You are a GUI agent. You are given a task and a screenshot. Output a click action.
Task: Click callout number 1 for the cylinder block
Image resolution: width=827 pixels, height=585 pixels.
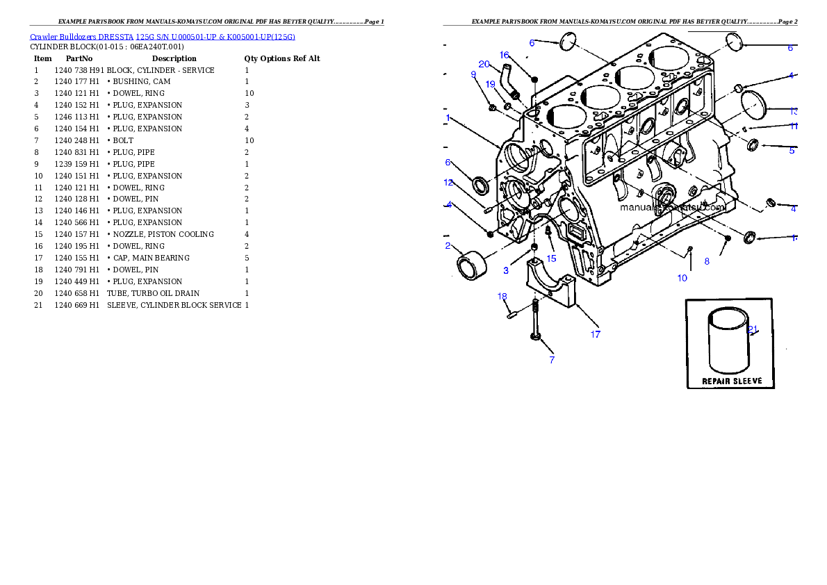[x=449, y=117]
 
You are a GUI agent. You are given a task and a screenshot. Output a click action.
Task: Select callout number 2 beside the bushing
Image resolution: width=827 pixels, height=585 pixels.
[x=448, y=246]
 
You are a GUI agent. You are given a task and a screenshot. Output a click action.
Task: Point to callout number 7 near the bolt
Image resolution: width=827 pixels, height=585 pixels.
[x=552, y=360]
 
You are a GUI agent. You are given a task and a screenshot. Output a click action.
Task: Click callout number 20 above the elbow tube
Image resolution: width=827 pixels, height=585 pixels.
[x=484, y=65]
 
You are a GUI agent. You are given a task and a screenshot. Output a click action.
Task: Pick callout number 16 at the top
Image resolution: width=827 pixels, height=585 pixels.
[x=505, y=54]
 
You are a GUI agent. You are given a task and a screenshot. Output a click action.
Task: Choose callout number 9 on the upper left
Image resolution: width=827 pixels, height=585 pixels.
[x=473, y=74]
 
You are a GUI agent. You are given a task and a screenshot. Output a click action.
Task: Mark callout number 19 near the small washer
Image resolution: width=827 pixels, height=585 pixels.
[x=490, y=84]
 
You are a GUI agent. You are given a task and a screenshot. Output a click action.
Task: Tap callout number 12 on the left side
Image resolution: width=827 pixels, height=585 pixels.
[x=448, y=183]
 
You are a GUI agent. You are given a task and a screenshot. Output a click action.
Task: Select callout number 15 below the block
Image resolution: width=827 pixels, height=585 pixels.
[x=551, y=258]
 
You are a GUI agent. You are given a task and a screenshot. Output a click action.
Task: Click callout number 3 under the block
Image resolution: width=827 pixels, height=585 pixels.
[x=506, y=270]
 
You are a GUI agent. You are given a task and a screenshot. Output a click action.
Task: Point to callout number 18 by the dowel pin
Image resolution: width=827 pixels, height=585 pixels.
[x=502, y=297]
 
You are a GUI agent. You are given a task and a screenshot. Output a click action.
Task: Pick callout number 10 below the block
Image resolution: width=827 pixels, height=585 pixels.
[x=682, y=278]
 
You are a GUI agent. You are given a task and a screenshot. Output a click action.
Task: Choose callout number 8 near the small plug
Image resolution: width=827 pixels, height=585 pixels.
[x=707, y=261]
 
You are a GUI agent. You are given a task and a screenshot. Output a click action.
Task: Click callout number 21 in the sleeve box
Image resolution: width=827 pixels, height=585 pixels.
[x=752, y=329]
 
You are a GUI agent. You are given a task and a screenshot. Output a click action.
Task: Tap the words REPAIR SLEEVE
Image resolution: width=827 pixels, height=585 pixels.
[x=732, y=381]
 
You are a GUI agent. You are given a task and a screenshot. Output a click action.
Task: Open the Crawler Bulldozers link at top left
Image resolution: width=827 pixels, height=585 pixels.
[x=163, y=36]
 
